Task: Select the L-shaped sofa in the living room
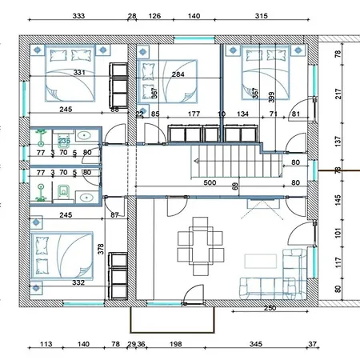coord(280,276)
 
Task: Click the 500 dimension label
coord(210,183)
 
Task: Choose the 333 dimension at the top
coord(79,15)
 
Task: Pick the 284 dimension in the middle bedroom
coord(178,74)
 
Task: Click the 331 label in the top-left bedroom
coord(79,73)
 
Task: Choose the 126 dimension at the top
coord(155,15)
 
